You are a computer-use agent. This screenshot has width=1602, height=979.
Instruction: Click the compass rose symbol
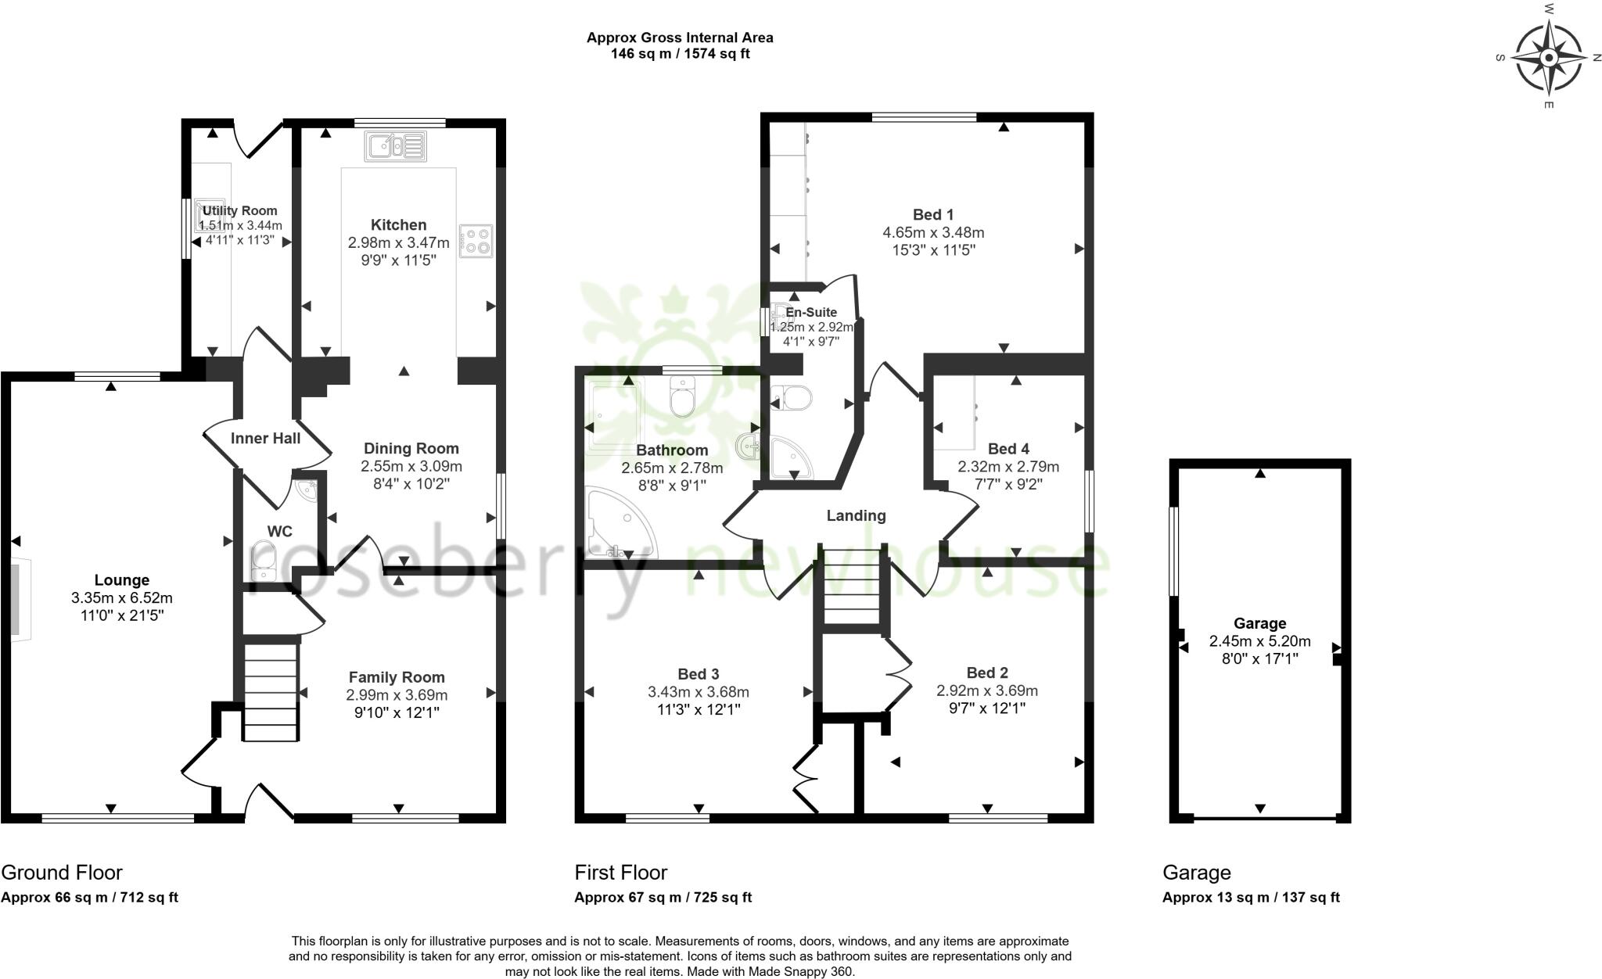click(1549, 58)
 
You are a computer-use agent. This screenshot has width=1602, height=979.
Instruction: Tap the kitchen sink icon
click(395, 146)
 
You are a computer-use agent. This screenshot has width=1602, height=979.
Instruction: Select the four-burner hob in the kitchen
click(476, 241)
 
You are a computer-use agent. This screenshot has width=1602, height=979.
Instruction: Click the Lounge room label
click(121, 580)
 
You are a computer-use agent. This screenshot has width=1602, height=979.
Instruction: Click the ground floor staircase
click(271, 692)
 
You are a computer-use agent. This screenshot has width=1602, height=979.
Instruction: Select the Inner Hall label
click(265, 439)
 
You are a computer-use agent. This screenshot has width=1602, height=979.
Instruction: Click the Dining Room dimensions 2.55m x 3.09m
click(411, 466)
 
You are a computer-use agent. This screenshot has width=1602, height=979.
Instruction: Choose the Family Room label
click(397, 677)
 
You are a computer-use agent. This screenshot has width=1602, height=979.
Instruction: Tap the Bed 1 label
click(933, 214)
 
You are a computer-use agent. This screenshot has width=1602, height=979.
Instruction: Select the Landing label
click(856, 515)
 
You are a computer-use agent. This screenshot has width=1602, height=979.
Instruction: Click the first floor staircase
click(852, 586)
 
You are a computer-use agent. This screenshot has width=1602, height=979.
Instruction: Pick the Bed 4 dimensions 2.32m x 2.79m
click(1008, 467)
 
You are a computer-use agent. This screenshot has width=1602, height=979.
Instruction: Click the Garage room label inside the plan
click(1259, 623)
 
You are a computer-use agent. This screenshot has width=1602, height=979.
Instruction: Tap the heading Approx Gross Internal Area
click(680, 38)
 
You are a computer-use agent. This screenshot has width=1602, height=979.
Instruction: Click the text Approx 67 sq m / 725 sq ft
click(663, 898)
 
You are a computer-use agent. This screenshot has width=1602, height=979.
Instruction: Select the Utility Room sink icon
click(207, 213)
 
